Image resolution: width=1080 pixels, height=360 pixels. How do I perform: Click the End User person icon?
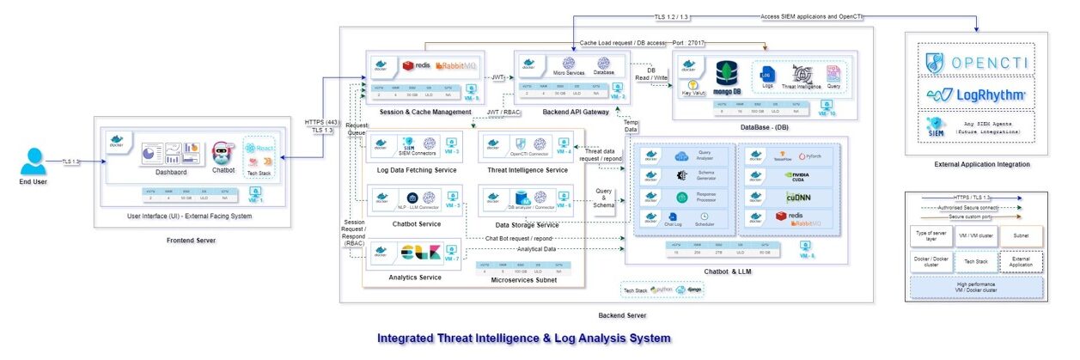click(x=33, y=161)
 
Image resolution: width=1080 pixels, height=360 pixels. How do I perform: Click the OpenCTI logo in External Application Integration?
click(x=976, y=62)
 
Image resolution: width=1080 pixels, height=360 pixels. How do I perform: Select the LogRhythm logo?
click(x=976, y=93)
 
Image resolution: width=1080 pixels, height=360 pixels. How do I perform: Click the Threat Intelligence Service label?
click(x=527, y=170)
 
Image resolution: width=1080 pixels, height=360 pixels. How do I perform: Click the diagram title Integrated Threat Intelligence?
click(x=523, y=339)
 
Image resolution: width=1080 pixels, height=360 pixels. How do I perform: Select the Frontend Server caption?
click(x=191, y=241)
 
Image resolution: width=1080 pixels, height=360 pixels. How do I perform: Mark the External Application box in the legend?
click(x=1020, y=261)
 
